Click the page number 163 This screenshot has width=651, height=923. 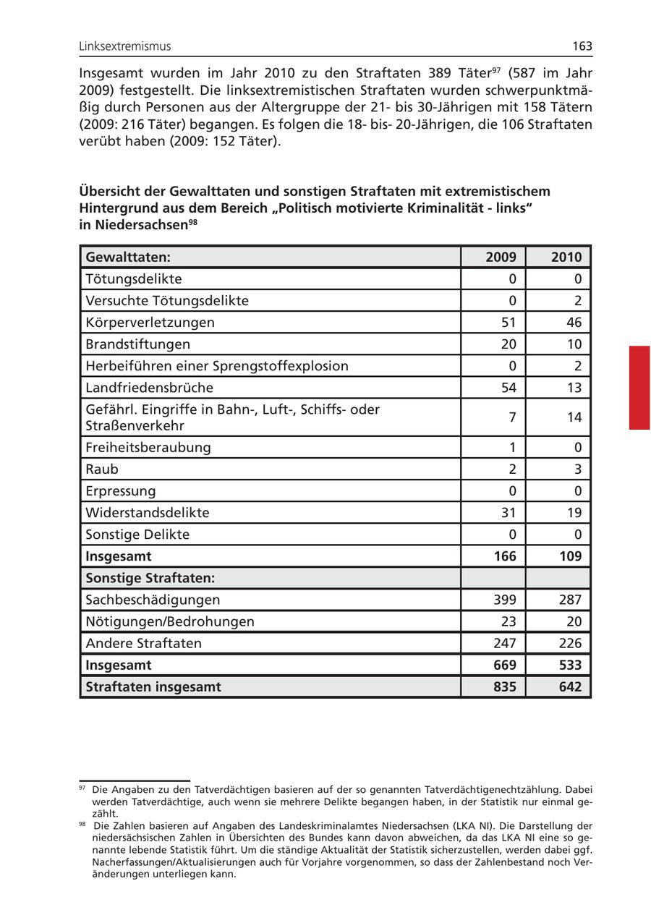click(582, 46)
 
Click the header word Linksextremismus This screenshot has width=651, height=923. click(125, 46)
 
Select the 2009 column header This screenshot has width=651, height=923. click(501, 257)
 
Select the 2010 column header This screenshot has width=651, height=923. click(566, 257)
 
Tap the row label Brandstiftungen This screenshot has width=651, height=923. click(138, 344)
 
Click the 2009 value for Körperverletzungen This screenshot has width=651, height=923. click(509, 323)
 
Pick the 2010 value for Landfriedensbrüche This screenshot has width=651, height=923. click(574, 388)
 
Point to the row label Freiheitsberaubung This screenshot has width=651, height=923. click(148, 447)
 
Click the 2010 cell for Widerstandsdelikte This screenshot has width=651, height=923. click(574, 513)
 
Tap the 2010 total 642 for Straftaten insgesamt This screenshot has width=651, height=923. click(570, 686)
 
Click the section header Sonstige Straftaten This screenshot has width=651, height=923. click(153, 578)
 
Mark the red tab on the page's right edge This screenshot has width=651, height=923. click(639, 388)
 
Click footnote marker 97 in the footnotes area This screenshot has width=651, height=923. click(82, 788)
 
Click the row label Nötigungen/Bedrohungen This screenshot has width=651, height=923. click(170, 621)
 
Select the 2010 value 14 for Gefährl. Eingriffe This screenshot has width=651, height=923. click(574, 417)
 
